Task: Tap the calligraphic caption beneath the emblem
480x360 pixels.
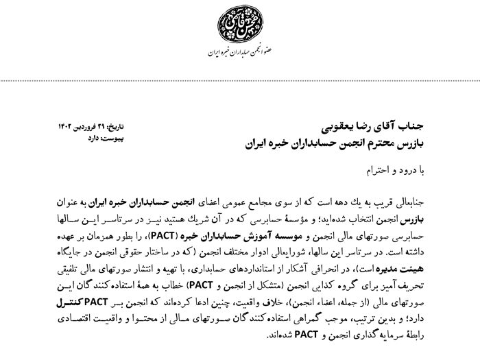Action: (x=240, y=53)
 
